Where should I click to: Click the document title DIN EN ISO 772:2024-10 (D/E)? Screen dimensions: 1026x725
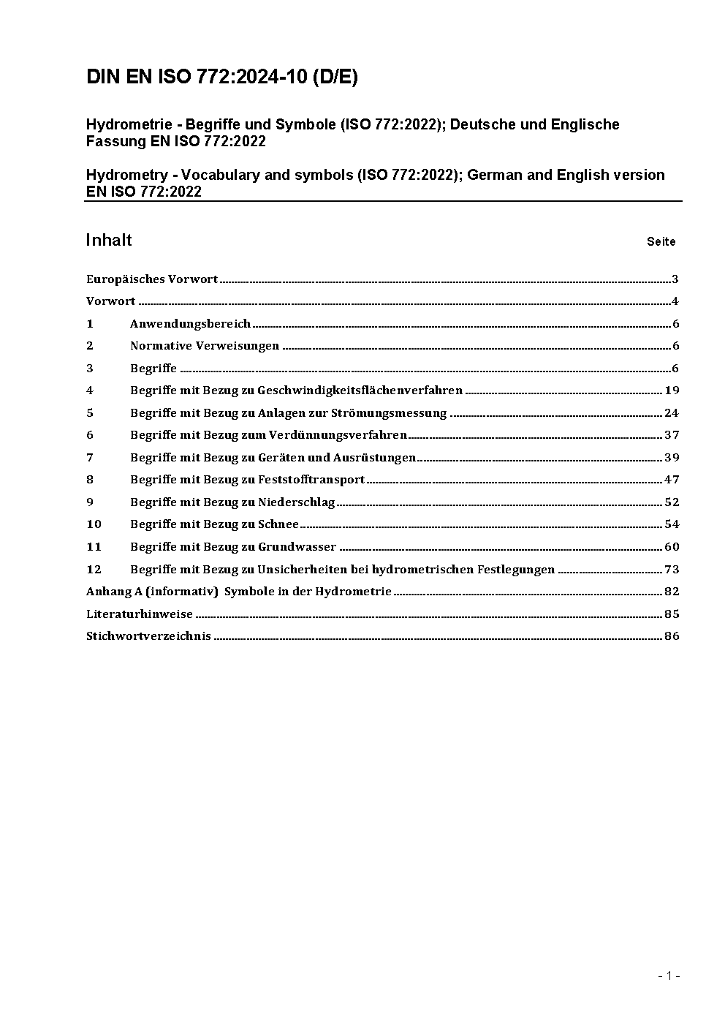coord(222,78)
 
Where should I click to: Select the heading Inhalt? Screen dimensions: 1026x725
coord(109,241)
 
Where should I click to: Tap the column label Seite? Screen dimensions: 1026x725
coord(661,241)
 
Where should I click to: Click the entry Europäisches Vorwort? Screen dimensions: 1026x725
coord(152,279)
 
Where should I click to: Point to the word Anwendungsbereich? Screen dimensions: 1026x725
coord(190,323)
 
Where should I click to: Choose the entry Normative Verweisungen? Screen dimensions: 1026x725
coord(205,346)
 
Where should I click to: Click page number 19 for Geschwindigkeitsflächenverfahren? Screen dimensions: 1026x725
coord(672,391)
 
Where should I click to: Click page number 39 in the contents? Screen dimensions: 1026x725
coord(672,457)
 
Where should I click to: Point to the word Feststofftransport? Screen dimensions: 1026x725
coord(311,480)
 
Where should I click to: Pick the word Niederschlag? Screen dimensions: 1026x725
coord(296,502)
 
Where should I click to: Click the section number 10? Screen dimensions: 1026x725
coord(94,524)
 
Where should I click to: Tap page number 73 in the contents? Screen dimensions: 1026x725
coord(672,569)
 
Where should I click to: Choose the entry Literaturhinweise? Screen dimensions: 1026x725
coord(140,614)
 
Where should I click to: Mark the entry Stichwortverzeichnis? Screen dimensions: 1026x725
coord(148,635)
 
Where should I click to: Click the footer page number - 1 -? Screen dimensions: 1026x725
coord(669,976)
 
